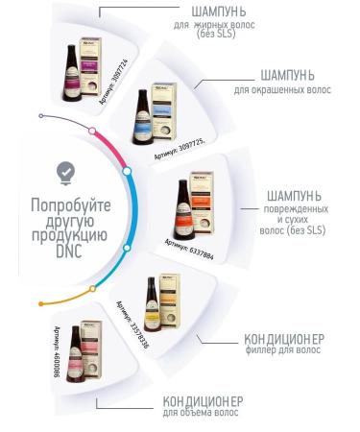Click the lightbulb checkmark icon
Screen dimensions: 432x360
[65, 170]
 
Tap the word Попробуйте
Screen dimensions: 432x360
[64, 204]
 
